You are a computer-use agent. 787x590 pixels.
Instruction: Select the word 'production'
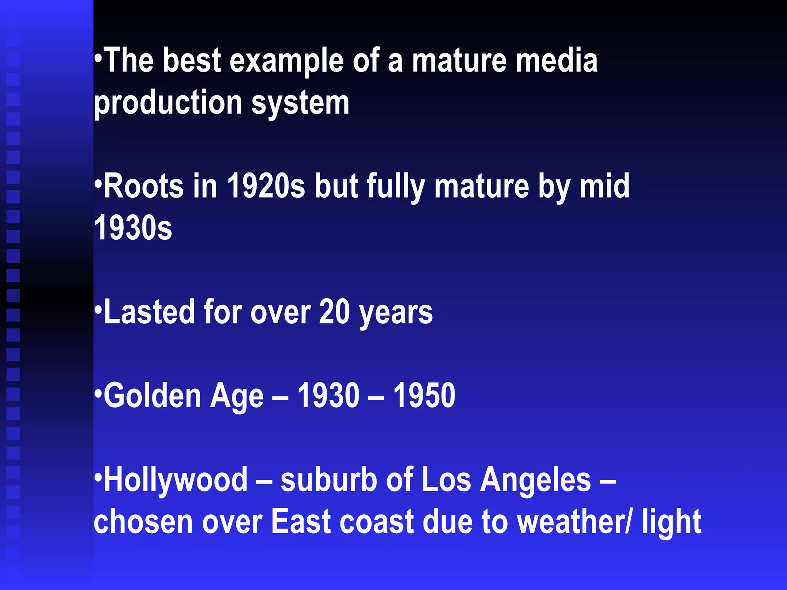tap(168, 104)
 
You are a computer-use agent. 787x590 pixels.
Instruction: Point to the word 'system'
tap(300, 104)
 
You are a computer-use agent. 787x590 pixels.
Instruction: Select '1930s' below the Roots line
tap(133, 228)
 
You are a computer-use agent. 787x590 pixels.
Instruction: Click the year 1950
tap(424, 396)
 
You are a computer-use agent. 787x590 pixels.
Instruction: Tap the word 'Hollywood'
tap(176, 480)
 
